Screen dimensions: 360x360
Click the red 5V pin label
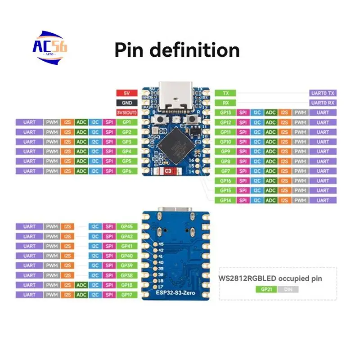[x=126, y=93]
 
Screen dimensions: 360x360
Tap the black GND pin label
[x=126, y=103]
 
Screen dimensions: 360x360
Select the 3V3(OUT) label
[x=126, y=112]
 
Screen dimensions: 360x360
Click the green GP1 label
[x=126, y=122]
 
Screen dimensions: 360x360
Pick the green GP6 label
[x=126, y=171]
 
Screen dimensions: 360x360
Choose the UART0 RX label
[x=323, y=103]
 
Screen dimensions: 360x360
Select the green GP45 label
[x=126, y=226]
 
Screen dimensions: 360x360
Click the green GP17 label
[x=126, y=295]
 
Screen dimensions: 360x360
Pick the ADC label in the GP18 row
[x=81, y=285]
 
